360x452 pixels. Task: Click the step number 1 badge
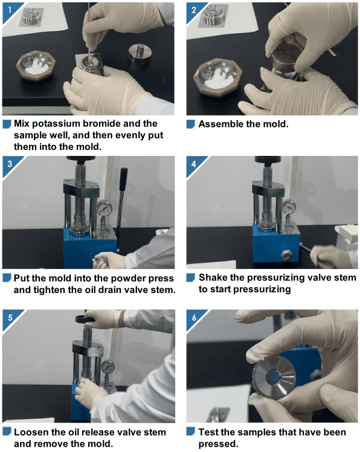[x=10, y=10]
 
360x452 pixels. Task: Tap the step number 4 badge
[x=194, y=164]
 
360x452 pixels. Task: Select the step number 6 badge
[x=194, y=318]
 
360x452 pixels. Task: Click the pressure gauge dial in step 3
[x=104, y=208]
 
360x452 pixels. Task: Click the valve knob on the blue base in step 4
[x=287, y=255]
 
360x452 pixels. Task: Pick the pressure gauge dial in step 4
[x=289, y=207]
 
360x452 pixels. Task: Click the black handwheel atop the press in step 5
[x=86, y=318]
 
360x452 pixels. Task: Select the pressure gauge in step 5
[x=108, y=367]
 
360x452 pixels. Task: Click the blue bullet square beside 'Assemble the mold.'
[x=190, y=124]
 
